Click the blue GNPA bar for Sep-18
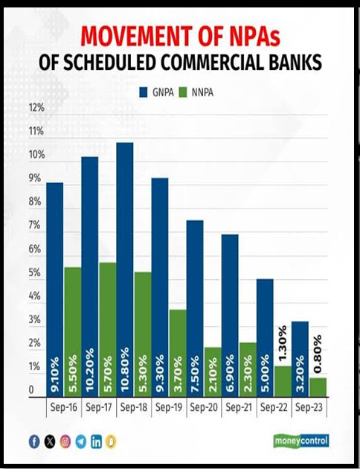click(x=125, y=269)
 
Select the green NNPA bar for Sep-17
click(x=108, y=330)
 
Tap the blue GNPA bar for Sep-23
click(x=300, y=360)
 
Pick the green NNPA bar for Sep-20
click(x=213, y=372)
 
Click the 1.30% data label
click(x=283, y=342)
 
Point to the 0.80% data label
click(x=318, y=354)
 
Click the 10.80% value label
click(x=124, y=370)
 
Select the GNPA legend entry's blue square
click(x=144, y=92)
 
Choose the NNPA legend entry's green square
click(x=183, y=92)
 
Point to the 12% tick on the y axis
click(x=36, y=107)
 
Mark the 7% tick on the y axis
click(x=35, y=225)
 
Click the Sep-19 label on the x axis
click(x=169, y=407)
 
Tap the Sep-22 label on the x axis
click(x=274, y=407)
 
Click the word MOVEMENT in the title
click(x=137, y=36)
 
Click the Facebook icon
click(x=34, y=441)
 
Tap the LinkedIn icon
click(x=96, y=441)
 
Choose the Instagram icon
click(x=65, y=441)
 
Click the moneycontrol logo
click(x=301, y=441)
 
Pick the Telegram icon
click(x=80, y=441)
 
